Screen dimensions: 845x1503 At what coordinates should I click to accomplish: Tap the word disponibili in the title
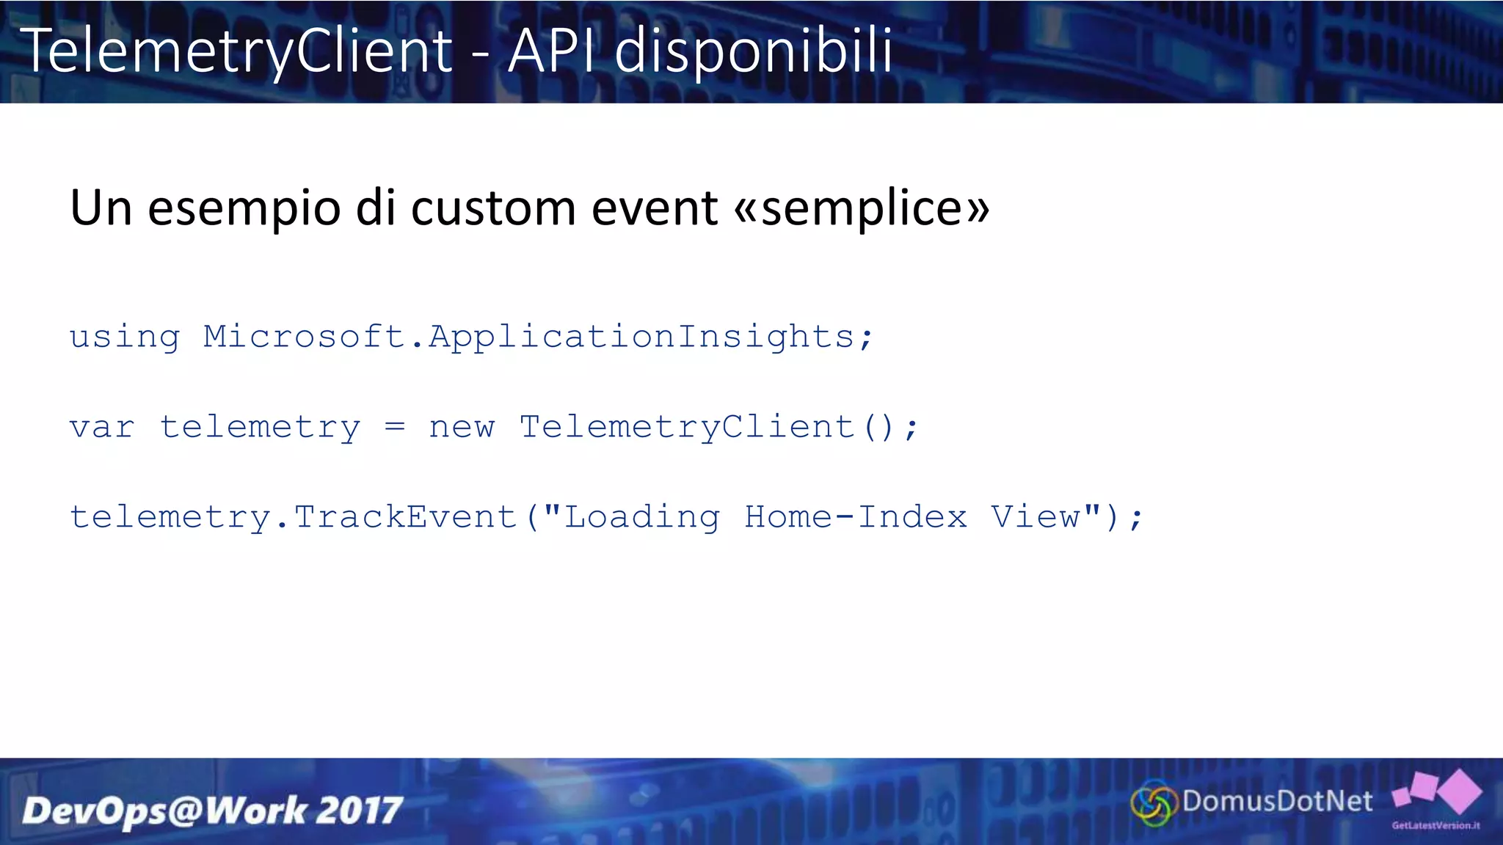753,51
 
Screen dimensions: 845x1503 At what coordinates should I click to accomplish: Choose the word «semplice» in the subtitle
862,209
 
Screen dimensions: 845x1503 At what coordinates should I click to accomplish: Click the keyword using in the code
125,337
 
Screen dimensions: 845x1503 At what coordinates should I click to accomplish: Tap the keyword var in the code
102,428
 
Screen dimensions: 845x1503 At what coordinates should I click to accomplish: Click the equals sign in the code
395,427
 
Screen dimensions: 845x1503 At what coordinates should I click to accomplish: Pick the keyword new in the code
462,428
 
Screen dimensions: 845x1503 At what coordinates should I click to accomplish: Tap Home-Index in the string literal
856,518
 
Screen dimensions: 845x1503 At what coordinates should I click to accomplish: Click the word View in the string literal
1036,518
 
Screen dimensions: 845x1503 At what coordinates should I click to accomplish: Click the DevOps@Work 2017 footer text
212,811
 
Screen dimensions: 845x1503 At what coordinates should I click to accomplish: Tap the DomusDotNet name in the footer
1277,801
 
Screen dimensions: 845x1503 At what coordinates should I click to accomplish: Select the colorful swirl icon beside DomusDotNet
1153,804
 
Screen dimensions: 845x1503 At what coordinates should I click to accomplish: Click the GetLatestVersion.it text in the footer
1435,826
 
